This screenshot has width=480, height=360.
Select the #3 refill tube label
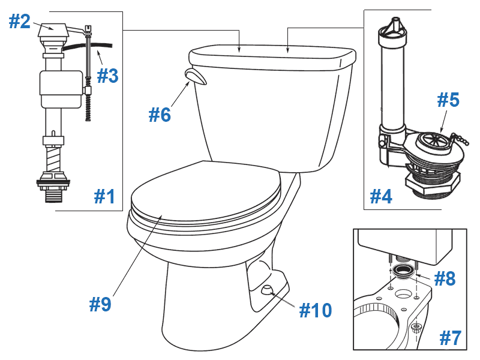107,76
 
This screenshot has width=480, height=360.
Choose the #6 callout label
160,114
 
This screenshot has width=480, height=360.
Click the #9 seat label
100,304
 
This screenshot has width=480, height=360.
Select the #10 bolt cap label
315,310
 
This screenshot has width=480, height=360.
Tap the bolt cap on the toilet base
266,290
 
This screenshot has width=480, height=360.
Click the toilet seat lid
204,189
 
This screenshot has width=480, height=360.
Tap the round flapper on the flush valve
433,144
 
